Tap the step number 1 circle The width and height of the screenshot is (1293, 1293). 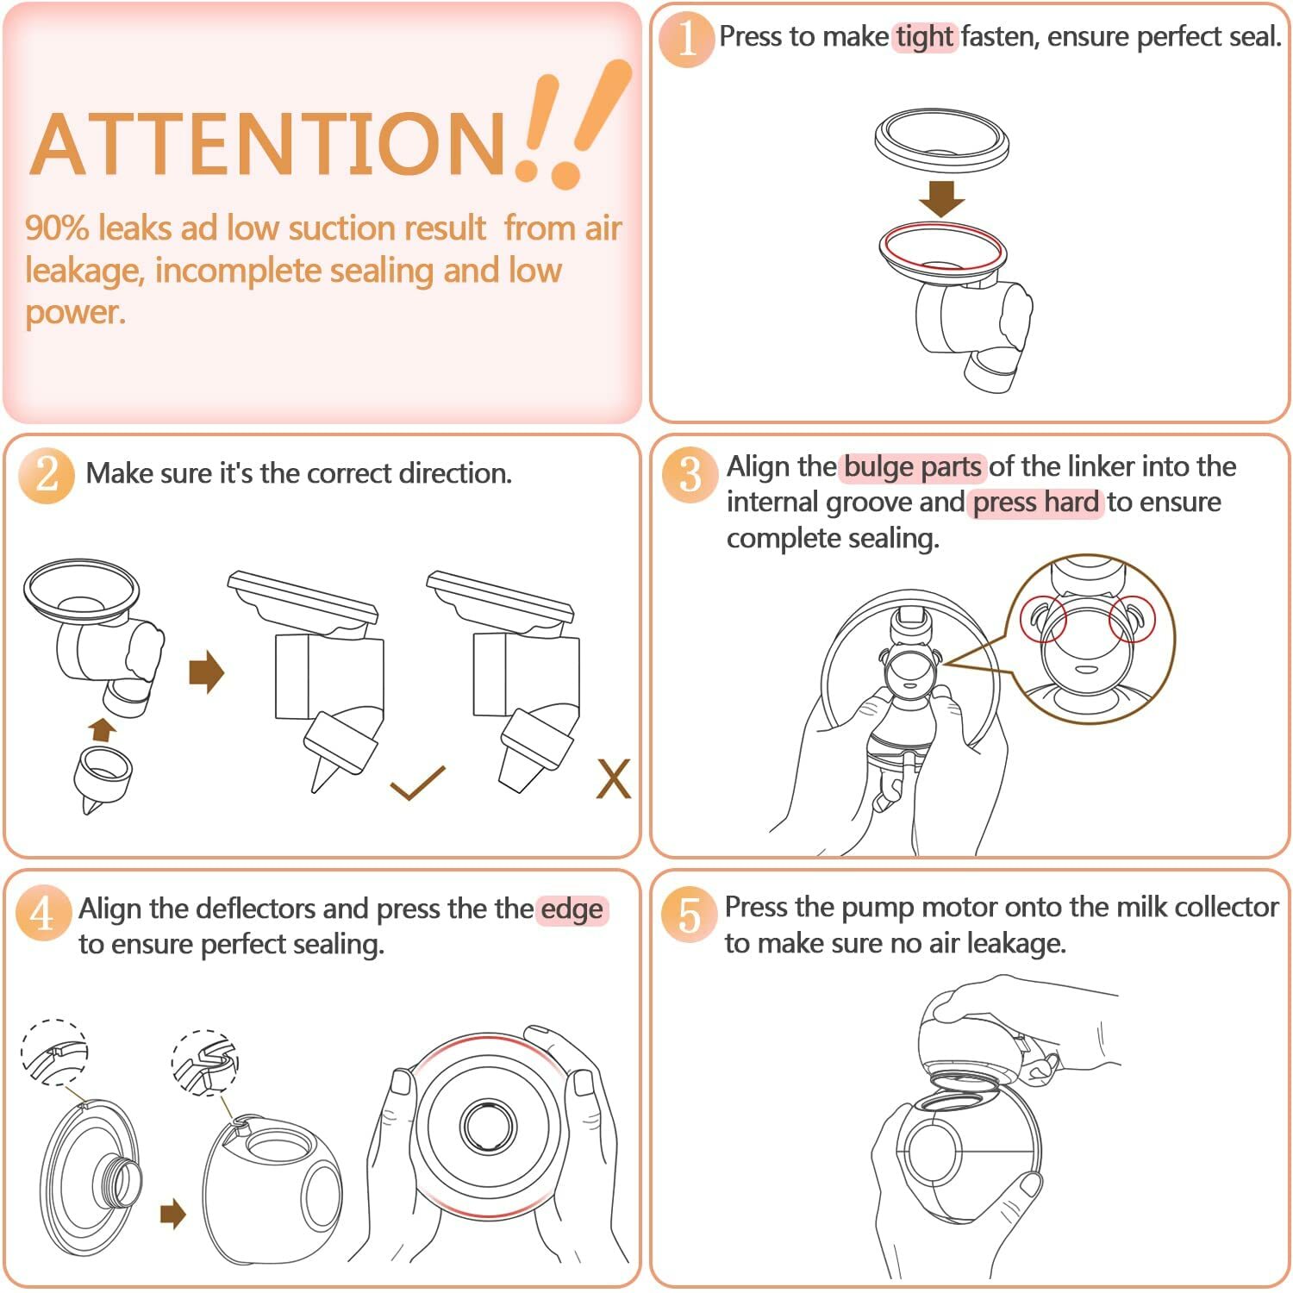pyautogui.click(x=686, y=38)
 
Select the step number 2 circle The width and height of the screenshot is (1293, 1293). pyautogui.click(x=47, y=475)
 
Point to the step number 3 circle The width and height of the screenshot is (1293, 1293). pyautogui.click(x=690, y=474)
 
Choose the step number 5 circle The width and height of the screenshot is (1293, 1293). pyautogui.click(x=689, y=915)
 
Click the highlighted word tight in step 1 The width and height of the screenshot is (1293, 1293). pyautogui.click(x=924, y=37)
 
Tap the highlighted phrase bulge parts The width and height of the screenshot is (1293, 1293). pyautogui.click(x=913, y=467)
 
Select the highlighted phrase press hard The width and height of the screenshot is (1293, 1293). pyautogui.click(x=1036, y=503)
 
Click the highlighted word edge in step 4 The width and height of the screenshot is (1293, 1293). pyautogui.click(x=572, y=910)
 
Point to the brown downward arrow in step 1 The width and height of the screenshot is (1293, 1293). pyautogui.click(x=941, y=199)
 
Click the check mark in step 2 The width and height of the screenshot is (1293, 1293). pyautogui.click(x=417, y=783)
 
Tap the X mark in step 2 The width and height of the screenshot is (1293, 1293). pyautogui.click(x=614, y=779)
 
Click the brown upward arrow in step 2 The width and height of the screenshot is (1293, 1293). pyautogui.click(x=103, y=729)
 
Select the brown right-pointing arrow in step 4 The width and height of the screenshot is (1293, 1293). pyautogui.click(x=173, y=1215)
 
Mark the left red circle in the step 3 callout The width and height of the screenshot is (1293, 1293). pyautogui.click(x=1044, y=619)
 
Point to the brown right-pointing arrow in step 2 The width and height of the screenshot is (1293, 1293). pyautogui.click(x=206, y=671)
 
